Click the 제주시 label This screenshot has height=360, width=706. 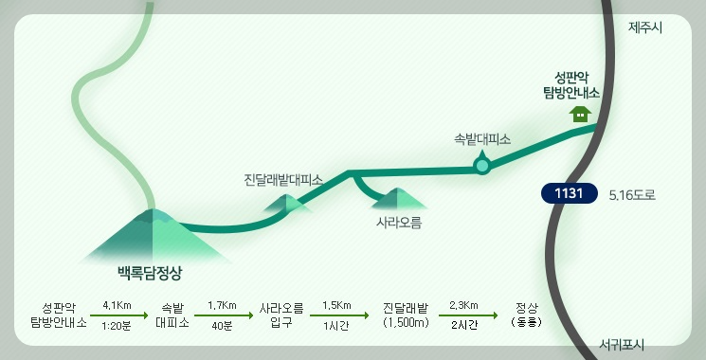[x=645, y=27]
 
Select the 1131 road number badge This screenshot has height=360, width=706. [x=569, y=194]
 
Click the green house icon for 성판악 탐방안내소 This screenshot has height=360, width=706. [x=579, y=115]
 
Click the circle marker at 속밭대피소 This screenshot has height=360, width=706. [x=482, y=167]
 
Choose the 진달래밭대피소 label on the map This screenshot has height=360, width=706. [x=283, y=179]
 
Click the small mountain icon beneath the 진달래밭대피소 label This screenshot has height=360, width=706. [x=288, y=203]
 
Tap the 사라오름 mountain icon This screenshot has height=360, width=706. [x=399, y=199]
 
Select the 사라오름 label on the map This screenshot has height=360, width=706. [x=398, y=224]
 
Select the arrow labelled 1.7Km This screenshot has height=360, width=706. [x=221, y=315]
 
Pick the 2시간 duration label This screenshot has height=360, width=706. [x=463, y=326]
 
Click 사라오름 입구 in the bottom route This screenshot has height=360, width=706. [x=281, y=315]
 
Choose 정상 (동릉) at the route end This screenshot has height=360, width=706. [x=526, y=315]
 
